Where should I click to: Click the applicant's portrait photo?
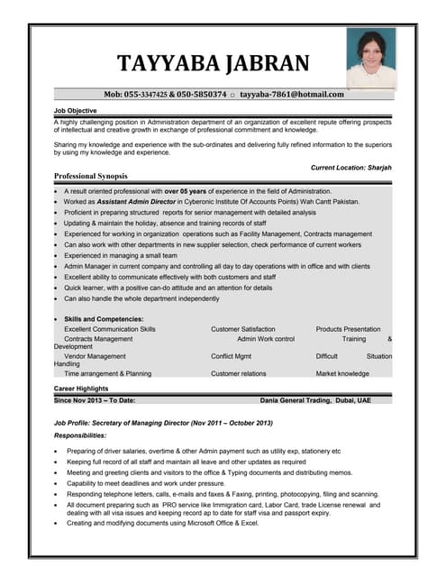coord(370,57)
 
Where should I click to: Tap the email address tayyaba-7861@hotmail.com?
coord(292,94)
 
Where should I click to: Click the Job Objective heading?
coord(76,110)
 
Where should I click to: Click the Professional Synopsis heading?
coord(90,176)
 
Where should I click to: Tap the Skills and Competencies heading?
coord(104,319)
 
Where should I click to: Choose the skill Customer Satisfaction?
coord(242,329)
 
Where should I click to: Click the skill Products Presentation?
coord(348,329)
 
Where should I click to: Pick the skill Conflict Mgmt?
coord(231,356)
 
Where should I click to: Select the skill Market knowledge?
coord(342,373)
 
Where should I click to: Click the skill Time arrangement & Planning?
coord(108,373)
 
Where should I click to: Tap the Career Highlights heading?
coord(82,388)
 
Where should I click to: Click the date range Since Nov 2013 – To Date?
coord(95,399)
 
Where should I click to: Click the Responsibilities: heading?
coord(80,435)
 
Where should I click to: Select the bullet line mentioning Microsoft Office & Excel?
coord(162,523)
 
